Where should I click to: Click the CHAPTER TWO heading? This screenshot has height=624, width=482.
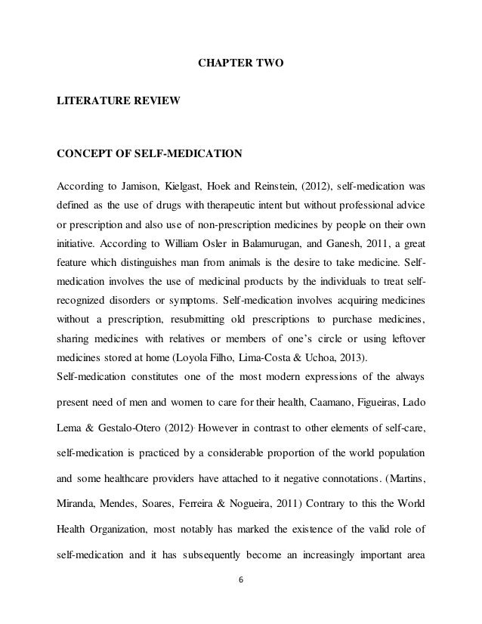pyautogui.click(x=240, y=77)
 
